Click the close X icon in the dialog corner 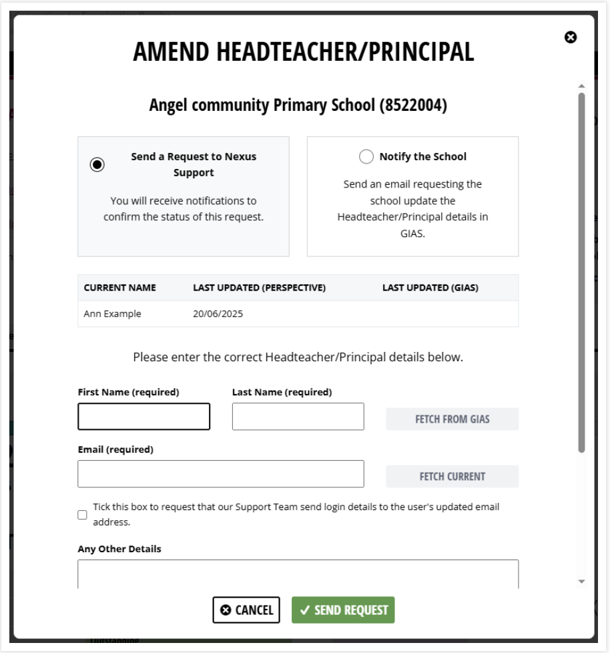pyautogui.click(x=571, y=37)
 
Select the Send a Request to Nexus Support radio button pyautogui.click(x=97, y=164)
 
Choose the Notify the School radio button pyautogui.click(x=366, y=157)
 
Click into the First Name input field pyautogui.click(x=144, y=417)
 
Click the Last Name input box pyautogui.click(x=298, y=417)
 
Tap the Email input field pyautogui.click(x=221, y=474)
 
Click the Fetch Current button pyautogui.click(x=452, y=477)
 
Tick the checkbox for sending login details pyautogui.click(x=82, y=515)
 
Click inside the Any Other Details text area pyautogui.click(x=298, y=573)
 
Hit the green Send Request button pyautogui.click(x=343, y=610)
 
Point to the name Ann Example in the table pyautogui.click(x=113, y=314)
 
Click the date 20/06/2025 pyautogui.click(x=218, y=314)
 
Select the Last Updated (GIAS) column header pyautogui.click(x=430, y=288)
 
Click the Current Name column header pyautogui.click(x=120, y=288)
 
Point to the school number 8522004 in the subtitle pyautogui.click(x=413, y=105)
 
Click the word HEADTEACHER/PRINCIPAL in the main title pyautogui.click(x=363, y=52)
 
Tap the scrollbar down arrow pyautogui.click(x=581, y=582)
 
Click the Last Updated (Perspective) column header pyautogui.click(x=259, y=288)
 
